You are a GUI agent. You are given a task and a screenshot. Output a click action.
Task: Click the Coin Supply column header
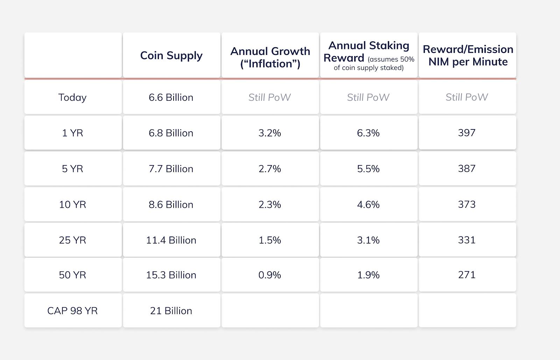(x=171, y=56)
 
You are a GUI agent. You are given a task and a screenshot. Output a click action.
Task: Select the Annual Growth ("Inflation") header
(x=270, y=57)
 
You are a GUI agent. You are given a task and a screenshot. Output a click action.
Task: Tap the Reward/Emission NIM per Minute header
(x=468, y=56)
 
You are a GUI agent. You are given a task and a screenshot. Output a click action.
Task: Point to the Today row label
(x=72, y=97)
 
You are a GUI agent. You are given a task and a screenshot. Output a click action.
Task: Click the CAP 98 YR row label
(x=72, y=311)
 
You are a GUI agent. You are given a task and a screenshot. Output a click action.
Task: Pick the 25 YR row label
(x=72, y=240)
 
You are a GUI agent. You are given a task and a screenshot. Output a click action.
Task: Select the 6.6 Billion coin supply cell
(x=171, y=97)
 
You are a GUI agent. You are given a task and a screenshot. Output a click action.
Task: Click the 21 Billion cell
(x=171, y=311)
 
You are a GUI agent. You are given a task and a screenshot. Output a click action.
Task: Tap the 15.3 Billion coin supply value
(x=171, y=275)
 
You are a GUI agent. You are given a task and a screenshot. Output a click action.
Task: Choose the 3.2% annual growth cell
(x=269, y=133)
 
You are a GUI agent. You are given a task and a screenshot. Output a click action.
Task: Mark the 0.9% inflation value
(x=269, y=275)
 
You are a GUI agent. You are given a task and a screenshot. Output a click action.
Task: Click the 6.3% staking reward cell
(x=368, y=133)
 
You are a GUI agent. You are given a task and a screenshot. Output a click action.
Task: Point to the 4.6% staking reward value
(x=368, y=204)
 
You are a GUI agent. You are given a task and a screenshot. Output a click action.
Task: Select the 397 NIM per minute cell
(x=467, y=133)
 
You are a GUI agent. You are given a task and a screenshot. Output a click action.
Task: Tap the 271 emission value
(x=467, y=275)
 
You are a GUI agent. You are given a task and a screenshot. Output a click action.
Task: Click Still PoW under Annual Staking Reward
(x=368, y=97)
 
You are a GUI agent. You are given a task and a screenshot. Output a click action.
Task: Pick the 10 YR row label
(x=72, y=204)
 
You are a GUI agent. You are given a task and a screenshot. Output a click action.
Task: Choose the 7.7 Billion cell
(x=171, y=169)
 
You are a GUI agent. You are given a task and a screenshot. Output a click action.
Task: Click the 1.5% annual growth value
(x=269, y=240)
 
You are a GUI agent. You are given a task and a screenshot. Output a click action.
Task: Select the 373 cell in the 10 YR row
(x=467, y=204)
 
